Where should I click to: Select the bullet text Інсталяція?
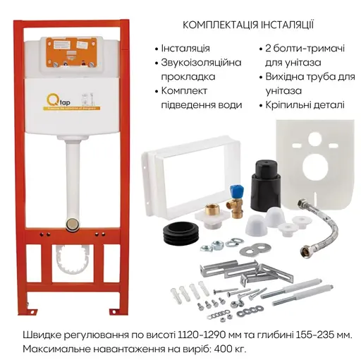coord(185,49)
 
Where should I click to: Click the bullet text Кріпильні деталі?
coord(305,105)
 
